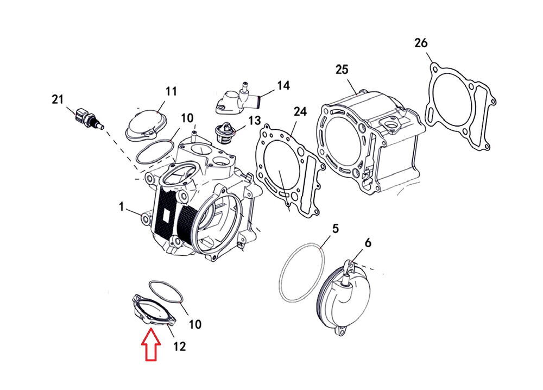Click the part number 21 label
pyautogui.click(x=58, y=99)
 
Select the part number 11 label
pyautogui.click(x=172, y=91)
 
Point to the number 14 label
pyautogui.click(x=283, y=85)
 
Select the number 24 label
pyautogui.click(x=300, y=111)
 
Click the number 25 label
pyautogui.click(x=342, y=70)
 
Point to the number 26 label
pyautogui.click(x=421, y=42)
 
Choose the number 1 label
pyautogui.click(x=122, y=206)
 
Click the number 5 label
pyautogui.click(x=335, y=229)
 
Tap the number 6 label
pyautogui.click(x=368, y=244)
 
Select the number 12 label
pyautogui.click(x=179, y=346)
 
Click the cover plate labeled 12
pyautogui.click(x=153, y=313)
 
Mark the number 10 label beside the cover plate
pyautogui.click(x=194, y=324)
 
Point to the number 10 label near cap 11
pyautogui.click(x=187, y=118)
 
